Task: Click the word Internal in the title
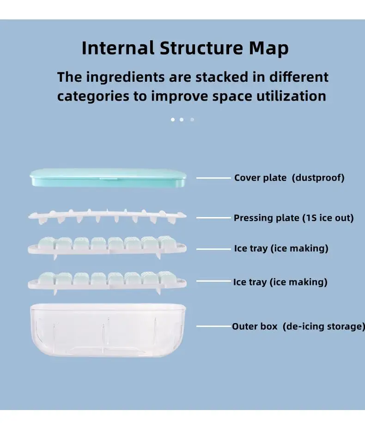tap(118, 48)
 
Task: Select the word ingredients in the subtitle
tap(125, 77)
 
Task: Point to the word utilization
tap(291, 96)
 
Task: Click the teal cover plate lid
tap(108, 177)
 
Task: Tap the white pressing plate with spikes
tap(107, 216)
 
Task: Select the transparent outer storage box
tap(108, 330)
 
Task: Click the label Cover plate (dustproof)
tap(289, 178)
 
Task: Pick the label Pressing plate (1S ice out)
tap(293, 218)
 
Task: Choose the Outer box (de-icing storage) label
tap(298, 326)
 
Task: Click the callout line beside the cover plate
tap(213, 178)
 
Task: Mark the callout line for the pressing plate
tap(213, 218)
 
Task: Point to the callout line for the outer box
tap(214, 326)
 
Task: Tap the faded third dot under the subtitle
tap(192, 120)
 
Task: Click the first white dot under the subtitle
tap(173, 120)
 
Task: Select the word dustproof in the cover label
tap(318, 178)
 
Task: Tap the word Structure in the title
tap(201, 48)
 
